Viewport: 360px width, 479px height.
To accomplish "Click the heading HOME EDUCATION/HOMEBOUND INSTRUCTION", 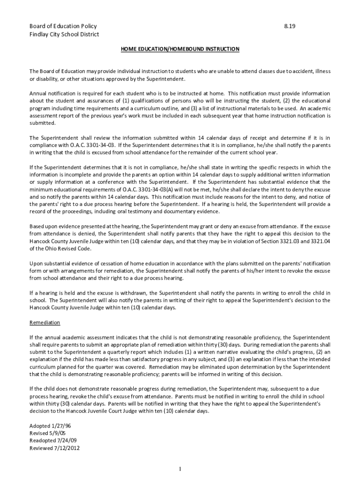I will click(x=180, y=49).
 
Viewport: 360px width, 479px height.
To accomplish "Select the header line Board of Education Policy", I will click(x=63, y=26).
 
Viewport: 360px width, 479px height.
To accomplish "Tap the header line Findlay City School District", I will click(x=64, y=34).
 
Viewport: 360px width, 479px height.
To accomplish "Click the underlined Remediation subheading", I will click(x=45, y=323).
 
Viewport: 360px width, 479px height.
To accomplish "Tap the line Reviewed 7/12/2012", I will click(x=55, y=448).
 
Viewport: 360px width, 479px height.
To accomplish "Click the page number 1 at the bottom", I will click(x=180, y=469).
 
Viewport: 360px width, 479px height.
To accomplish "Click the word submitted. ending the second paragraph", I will click(x=43, y=123).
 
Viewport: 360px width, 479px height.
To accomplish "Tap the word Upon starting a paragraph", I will click(x=36, y=263).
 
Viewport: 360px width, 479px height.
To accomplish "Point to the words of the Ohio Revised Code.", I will click(x=60, y=249).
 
